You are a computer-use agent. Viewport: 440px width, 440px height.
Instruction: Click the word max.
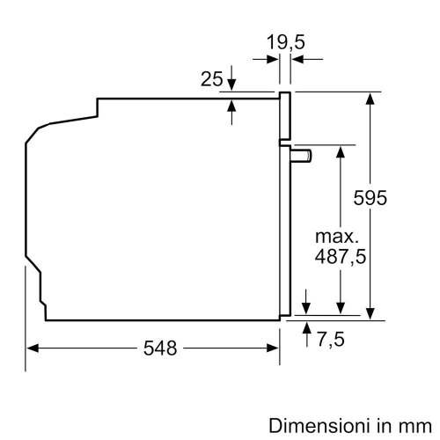tap(338, 237)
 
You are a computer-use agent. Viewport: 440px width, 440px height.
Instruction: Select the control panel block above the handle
tap(285, 116)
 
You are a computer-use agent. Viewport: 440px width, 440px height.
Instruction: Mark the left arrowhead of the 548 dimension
tap(29, 348)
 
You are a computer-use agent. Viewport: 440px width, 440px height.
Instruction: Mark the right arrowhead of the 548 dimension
tap(275, 348)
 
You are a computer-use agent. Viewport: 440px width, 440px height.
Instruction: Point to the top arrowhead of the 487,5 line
tap(339, 150)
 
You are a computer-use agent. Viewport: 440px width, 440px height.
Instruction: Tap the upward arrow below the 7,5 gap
tap(305, 326)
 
